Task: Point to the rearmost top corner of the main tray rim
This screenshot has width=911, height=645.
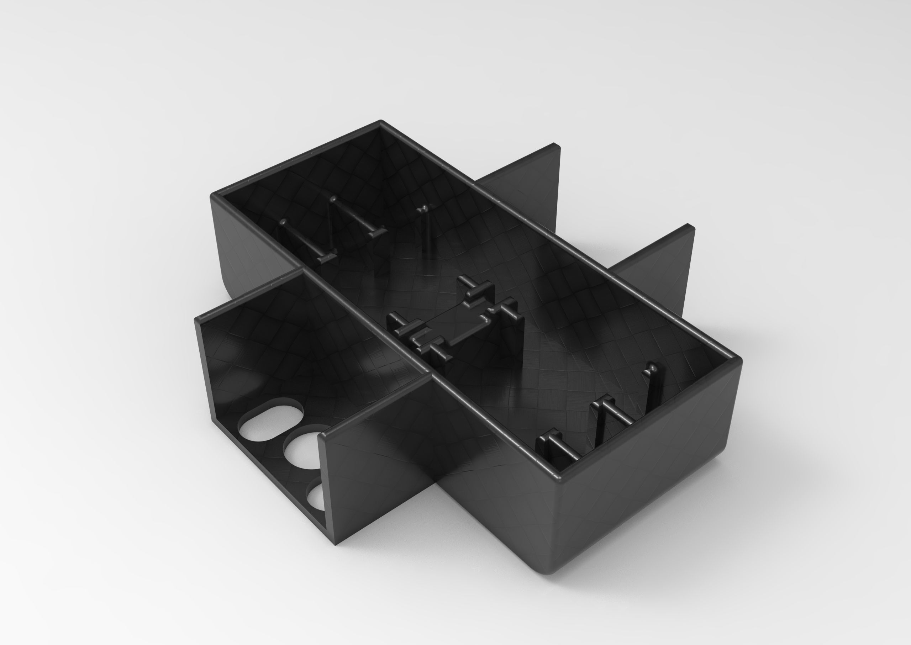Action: (381, 122)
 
